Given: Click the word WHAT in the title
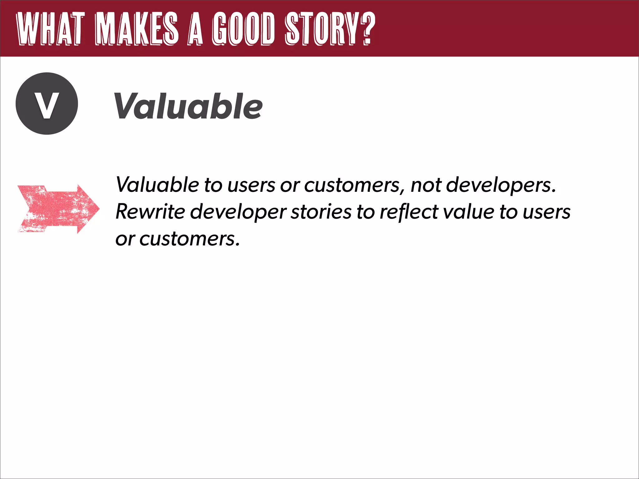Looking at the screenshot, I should pyautogui.click(x=50, y=29).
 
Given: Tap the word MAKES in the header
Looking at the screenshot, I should pyautogui.click(x=137, y=29).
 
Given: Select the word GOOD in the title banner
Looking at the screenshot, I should pyautogui.click(x=243, y=29).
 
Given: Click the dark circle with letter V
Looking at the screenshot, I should pyautogui.click(x=47, y=104).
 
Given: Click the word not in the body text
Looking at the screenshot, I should pyautogui.click(x=426, y=185).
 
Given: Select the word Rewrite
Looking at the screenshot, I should pyautogui.click(x=150, y=212).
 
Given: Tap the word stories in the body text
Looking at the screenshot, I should pyautogui.click(x=321, y=212).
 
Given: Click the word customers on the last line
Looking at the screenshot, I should pyautogui.click(x=189, y=239).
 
